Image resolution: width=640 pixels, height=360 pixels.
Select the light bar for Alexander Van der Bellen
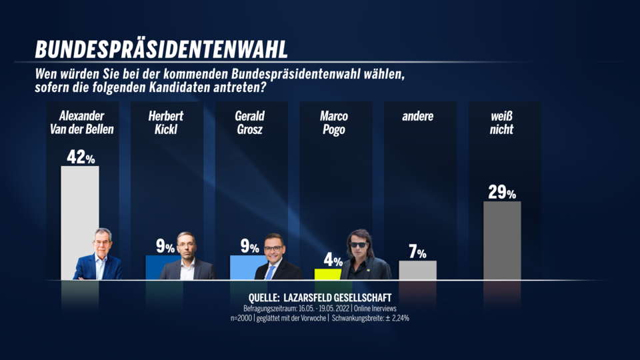click(x=79, y=200)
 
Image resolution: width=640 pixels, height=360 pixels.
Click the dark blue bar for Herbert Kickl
click(x=153, y=267)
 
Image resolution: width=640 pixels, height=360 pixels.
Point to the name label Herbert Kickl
click(x=165, y=123)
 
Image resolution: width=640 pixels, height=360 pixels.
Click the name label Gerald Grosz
click(x=249, y=123)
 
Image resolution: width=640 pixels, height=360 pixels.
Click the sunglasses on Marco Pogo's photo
click(x=358, y=245)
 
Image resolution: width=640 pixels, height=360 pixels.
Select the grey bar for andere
click(x=417, y=270)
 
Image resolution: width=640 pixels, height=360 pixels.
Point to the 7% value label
click(x=417, y=252)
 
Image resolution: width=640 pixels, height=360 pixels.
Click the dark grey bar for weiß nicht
click(x=501, y=240)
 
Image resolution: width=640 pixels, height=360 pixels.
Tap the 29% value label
click(x=501, y=193)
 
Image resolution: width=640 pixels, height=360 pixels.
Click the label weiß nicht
click(x=501, y=123)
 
